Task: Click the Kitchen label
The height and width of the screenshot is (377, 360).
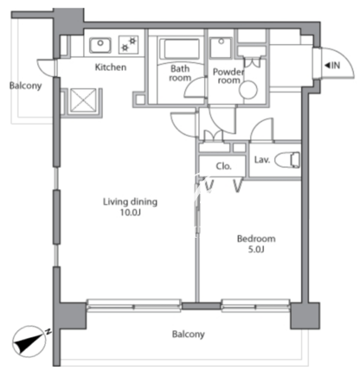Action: point(111,67)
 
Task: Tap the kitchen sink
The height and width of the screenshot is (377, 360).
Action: point(100,45)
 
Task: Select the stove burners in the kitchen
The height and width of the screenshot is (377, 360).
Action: point(129,44)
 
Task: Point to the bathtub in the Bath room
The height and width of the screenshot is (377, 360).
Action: point(182,49)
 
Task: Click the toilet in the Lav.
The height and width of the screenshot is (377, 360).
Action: point(287,160)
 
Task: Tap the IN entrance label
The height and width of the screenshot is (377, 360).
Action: point(332,66)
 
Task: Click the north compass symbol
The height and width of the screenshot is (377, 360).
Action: point(30,342)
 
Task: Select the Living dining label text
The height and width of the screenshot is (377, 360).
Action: point(130,201)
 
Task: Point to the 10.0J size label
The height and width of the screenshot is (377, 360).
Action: point(131,213)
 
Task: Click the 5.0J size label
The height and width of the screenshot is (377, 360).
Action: point(256,249)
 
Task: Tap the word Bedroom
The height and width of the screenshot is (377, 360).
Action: point(256,239)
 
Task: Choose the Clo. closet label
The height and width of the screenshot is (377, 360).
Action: point(224,166)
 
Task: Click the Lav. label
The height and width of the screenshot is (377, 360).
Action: point(262,159)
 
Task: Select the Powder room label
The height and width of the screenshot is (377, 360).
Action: point(228,76)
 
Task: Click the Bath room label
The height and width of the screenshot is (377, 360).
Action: point(180,73)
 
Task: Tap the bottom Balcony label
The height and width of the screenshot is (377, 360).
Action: point(189,335)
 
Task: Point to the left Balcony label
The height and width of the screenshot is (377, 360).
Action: point(25,86)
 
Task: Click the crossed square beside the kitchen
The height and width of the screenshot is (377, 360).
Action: point(83,100)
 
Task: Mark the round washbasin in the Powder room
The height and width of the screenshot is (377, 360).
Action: point(248,90)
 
